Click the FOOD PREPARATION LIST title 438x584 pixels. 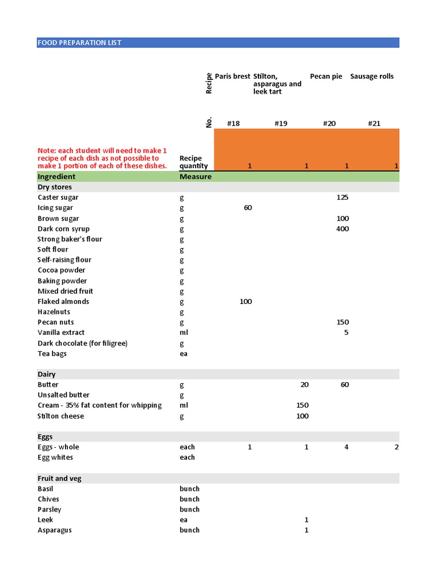click(79, 43)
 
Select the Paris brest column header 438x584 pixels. click(232, 76)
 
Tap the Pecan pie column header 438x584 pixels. click(326, 76)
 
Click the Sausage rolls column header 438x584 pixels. click(371, 76)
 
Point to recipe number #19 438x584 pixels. click(281, 123)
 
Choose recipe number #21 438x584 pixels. click(374, 123)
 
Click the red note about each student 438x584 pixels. click(103, 158)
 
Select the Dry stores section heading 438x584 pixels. click(55, 187)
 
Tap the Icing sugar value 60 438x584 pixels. click(248, 208)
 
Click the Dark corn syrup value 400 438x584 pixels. click(342, 229)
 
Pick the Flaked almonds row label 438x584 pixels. click(63, 302)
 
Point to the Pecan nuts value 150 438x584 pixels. click(342, 322)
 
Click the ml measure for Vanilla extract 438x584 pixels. click(184, 332)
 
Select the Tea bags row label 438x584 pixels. click(52, 354)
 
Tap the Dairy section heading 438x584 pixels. click(47, 374)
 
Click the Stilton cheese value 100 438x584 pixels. click(302, 416)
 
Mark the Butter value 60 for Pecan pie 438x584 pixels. click(344, 385)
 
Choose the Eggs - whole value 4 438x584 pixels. click(346, 447)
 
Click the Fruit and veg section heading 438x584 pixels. click(59, 478)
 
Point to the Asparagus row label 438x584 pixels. click(55, 530)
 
